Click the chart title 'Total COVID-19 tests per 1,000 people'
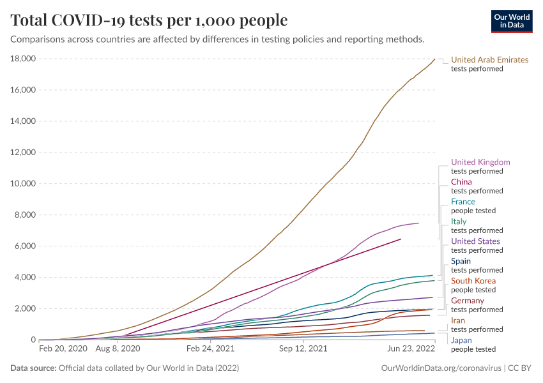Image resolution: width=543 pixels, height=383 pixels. (149, 20)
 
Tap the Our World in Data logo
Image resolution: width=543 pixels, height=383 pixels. (512, 21)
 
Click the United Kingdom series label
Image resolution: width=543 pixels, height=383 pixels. (480, 162)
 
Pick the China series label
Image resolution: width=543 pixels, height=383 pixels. (461, 182)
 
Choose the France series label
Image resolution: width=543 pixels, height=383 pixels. (463, 202)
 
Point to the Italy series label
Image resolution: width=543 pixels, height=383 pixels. (459, 222)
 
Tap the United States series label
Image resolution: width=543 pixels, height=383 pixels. (475, 241)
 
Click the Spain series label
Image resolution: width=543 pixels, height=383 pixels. (461, 261)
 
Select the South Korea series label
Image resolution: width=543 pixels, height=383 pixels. (473, 281)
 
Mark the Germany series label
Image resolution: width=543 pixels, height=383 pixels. (468, 301)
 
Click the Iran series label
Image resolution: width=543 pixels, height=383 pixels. (458, 320)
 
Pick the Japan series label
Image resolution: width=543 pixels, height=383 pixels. (461, 340)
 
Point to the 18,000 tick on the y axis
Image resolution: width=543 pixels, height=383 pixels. (22, 59)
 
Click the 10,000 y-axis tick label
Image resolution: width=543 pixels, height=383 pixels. (22, 184)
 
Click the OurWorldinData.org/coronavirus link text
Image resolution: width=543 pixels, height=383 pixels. (441, 368)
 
